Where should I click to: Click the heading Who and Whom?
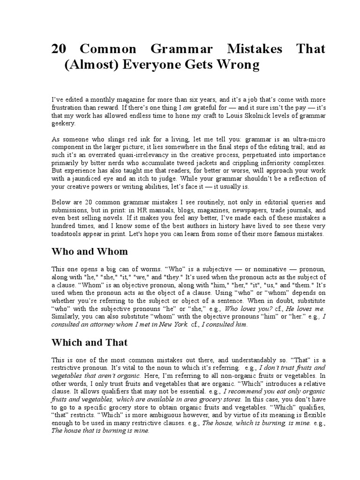pos(89,251)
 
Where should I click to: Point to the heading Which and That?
pos(89,342)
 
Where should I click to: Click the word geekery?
pos(63,124)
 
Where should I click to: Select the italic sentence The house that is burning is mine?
pos(100,432)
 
